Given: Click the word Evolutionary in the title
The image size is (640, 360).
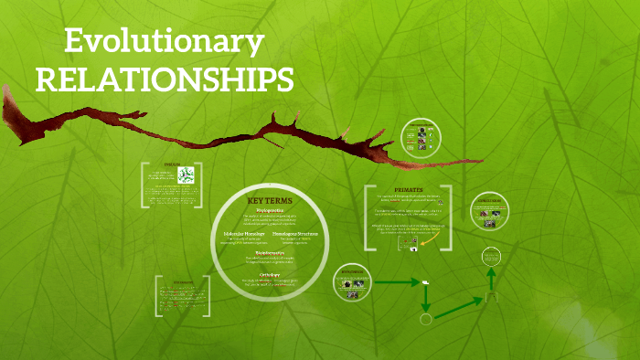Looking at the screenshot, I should point(165,42).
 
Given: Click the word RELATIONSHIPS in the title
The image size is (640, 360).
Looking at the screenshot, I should point(165,79).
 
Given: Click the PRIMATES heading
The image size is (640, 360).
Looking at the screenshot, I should point(410,192).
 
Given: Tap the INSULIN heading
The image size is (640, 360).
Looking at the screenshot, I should point(173,165).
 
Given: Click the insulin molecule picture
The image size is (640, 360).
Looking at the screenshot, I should point(187,175).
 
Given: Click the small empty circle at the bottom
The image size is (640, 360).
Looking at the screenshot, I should point(425,320).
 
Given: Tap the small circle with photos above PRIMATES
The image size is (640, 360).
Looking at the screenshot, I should point(421,137).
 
